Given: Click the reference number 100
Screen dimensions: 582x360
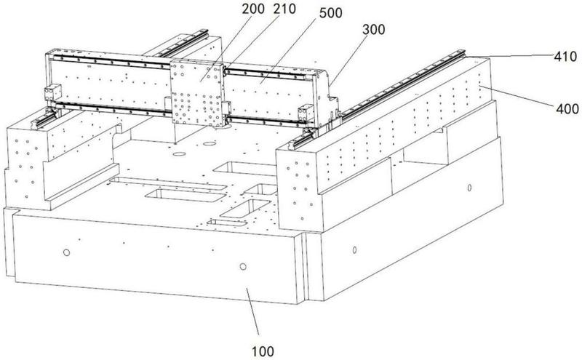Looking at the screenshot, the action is click(x=263, y=351).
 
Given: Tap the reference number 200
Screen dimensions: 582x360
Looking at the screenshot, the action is click(x=253, y=9).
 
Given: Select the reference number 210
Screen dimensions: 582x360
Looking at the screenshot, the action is click(x=284, y=9).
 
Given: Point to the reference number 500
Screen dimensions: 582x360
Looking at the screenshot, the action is click(x=331, y=12).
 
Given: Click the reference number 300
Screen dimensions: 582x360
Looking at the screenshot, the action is click(x=373, y=29).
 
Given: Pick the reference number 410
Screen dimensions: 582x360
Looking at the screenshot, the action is click(x=566, y=57).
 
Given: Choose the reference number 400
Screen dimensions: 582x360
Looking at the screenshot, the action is click(x=567, y=109).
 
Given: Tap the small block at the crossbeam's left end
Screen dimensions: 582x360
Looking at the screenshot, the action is click(x=52, y=93).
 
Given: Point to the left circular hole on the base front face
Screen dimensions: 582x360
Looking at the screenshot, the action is click(x=66, y=252).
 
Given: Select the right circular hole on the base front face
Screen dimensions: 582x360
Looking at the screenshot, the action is click(x=243, y=266).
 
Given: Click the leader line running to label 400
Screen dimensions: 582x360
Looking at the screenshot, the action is click(x=517, y=95).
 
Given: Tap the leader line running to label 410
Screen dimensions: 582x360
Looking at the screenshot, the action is click(x=509, y=55).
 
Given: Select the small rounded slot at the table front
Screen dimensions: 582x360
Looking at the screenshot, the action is click(x=227, y=223).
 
